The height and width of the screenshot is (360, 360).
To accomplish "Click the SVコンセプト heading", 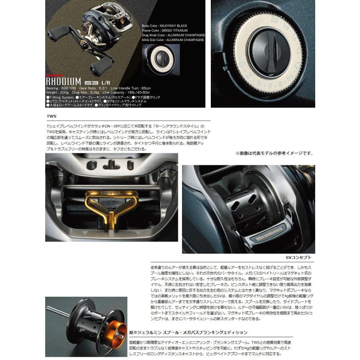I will [x=299, y=257].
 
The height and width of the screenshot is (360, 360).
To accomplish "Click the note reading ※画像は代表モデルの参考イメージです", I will [x=274, y=153].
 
